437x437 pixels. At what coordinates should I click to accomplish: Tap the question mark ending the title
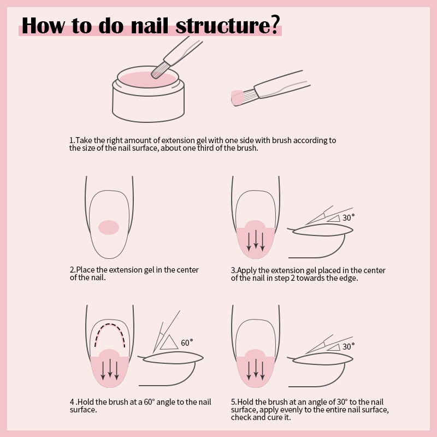point(274,26)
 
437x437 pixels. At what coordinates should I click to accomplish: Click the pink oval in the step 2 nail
point(109,227)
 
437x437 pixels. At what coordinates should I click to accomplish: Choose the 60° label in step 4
point(187,343)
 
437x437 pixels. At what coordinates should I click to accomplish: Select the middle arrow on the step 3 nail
point(256,240)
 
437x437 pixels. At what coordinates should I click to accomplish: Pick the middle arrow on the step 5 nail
point(256,369)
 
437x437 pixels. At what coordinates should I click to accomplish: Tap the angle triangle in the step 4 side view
point(169,342)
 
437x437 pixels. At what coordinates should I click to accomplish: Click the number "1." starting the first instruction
point(72,140)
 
